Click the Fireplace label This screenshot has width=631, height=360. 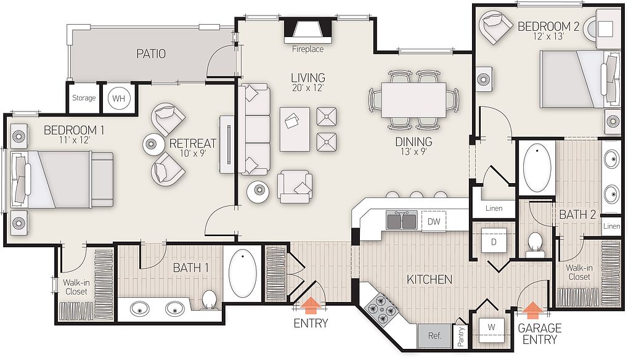[x=308, y=49]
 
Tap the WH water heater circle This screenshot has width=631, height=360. [x=118, y=98]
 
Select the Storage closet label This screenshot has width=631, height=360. [x=84, y=98]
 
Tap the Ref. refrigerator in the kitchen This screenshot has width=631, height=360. [x=434, y=337]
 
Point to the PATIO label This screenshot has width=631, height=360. [x=150, y=54]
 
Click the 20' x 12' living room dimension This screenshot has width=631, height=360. [x=308, y=88]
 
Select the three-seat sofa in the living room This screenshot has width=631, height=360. [x=254, y=130]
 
